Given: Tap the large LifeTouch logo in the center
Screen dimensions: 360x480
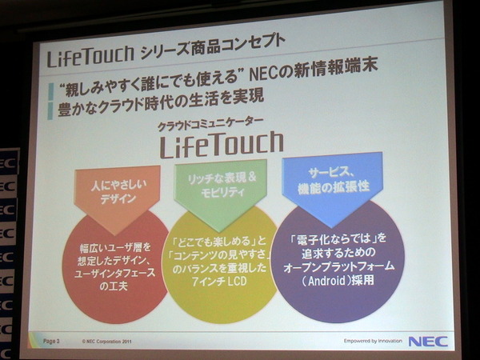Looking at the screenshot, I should pyautogui.click(x=222, y=144).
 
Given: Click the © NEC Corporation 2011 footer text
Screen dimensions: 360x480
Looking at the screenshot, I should pyautogui.click(x=106, y=342).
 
